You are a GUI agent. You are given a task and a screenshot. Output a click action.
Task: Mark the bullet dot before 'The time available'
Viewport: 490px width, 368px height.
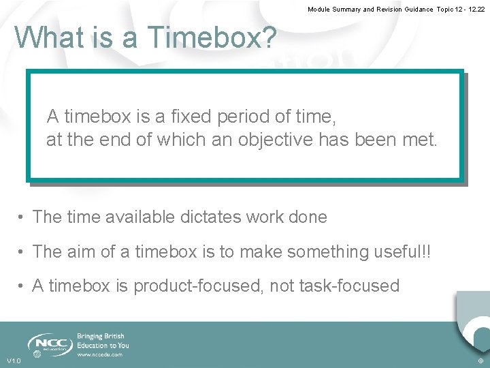click(x=22, y=217)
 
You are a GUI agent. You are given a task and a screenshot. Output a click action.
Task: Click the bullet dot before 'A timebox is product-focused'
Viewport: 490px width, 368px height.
click(x=22, y=286)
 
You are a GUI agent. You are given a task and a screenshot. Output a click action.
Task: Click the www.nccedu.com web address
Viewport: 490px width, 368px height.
click(x=99, y=354)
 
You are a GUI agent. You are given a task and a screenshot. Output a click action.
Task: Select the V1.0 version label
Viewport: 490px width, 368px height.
click(x=14, y=361)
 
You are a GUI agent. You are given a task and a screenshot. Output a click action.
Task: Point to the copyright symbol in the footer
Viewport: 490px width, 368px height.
click(x=480, y=361)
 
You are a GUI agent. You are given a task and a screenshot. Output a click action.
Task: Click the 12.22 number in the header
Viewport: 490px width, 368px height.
click(x=477, y=10)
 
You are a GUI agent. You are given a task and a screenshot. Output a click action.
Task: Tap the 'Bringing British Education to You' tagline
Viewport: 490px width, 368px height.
click(x=103, y=341)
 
